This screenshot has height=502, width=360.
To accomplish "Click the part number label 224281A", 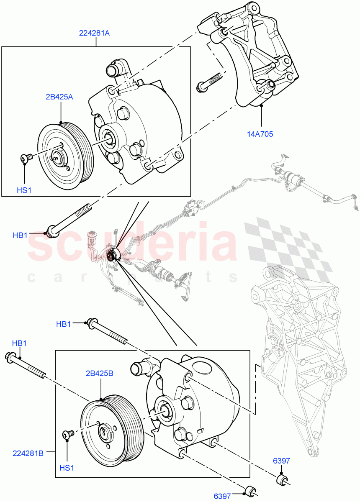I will tap(94, 33).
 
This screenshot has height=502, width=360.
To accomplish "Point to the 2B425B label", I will tap(100, 374).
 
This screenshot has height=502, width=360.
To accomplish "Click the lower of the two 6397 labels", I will tap(222, 496).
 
